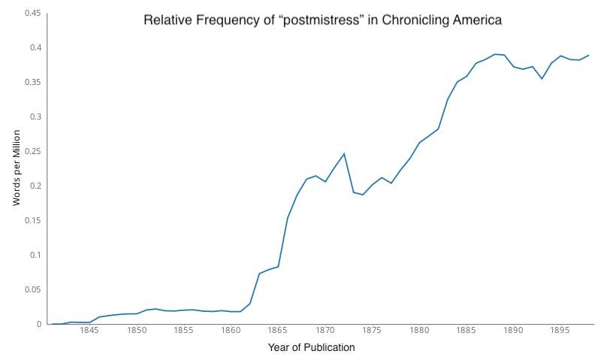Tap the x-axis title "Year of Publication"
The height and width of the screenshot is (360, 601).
(311, 347)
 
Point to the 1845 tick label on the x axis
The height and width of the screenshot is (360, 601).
(89, 331)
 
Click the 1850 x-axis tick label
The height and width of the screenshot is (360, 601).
(137, 331)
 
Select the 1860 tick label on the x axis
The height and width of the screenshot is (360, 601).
(231, 331)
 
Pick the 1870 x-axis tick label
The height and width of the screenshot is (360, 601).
(325, 331)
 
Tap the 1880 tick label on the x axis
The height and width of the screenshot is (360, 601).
(419, 331)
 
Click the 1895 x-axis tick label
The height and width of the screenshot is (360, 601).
(560, 331)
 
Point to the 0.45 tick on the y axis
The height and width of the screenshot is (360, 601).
(32, 13)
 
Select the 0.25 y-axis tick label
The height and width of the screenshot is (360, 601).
(32, 151)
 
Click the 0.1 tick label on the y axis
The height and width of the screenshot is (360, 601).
(35, 255)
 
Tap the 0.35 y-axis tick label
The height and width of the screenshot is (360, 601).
(32, 82)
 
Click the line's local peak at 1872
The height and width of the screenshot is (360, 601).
(344, 153)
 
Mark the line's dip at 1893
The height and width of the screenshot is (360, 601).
(542, 79)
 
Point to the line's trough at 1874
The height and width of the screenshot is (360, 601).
(363, 195)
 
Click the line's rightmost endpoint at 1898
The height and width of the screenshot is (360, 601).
(589, 55)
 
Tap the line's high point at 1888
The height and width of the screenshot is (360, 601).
(494, 54)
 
